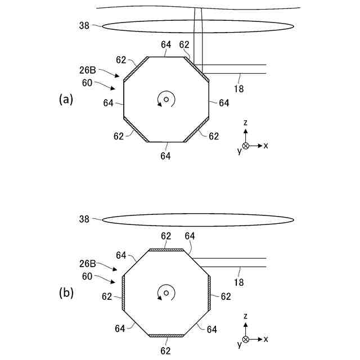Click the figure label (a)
(x=66, y=99)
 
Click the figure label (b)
(x=66, y=292)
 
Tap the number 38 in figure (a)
(x=84, y=25)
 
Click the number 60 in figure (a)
(x=87, y=82)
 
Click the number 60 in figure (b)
(x=87, y=276)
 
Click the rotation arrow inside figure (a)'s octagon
(x=166, y=100)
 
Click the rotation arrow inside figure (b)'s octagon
(x=166, y=292)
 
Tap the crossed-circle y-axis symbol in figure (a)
(x=245, y=146)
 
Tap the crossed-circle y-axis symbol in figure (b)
(x=245, y=339)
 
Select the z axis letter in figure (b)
(x=246, y=317)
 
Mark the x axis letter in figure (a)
(x=266, y=146)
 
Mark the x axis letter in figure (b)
(x=266, y=339)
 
